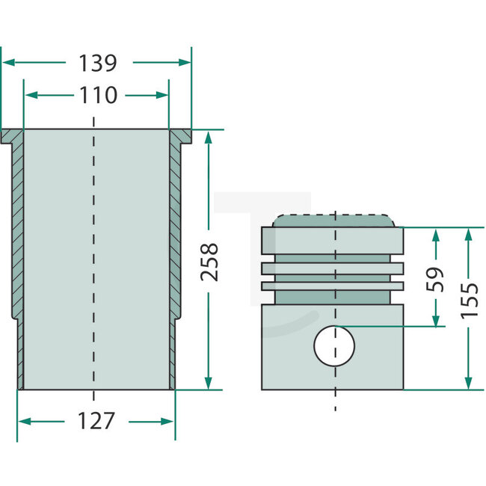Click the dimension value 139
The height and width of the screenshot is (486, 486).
point(96,64)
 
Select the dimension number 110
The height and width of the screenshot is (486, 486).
point(96,96)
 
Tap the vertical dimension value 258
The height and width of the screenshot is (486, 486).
point(211,261)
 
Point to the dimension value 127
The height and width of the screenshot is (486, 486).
point(96,421)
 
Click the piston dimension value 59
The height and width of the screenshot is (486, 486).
point(436,278)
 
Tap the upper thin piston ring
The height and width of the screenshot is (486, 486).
point(332,268)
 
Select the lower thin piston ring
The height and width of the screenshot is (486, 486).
point(332,286)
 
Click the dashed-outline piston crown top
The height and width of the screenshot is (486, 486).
point(333,221)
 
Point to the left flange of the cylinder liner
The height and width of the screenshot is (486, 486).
point(13,136)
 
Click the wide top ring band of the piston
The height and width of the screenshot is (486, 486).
point(332,240)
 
